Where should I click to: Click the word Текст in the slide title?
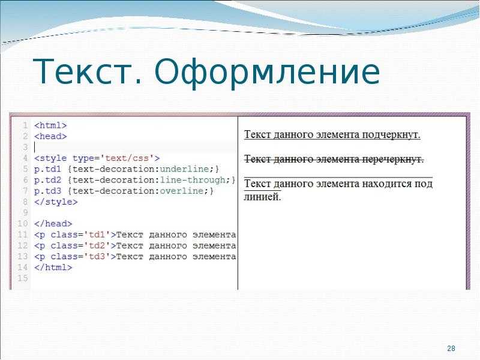88,71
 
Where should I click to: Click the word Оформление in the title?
267,73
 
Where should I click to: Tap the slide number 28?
451,349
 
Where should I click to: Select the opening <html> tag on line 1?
50,125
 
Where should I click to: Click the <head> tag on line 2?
50,136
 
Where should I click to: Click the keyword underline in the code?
185,169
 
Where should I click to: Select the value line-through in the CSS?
193,180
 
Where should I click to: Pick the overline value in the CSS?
182,191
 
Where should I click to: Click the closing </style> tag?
56,202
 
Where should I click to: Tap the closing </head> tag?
53,224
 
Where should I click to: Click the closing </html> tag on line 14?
53,268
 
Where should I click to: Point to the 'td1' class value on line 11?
97,235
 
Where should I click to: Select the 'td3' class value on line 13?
97,257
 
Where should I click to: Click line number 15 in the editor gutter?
23,278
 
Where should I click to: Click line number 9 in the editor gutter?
25,213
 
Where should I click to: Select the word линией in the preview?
262,197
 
